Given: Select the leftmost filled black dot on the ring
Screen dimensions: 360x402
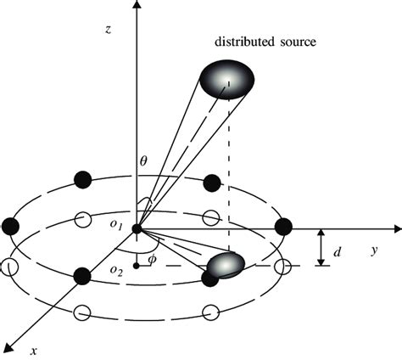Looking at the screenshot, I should click(x=11, y=226).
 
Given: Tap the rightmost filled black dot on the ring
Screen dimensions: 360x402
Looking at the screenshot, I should click(x=284, y=225).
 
